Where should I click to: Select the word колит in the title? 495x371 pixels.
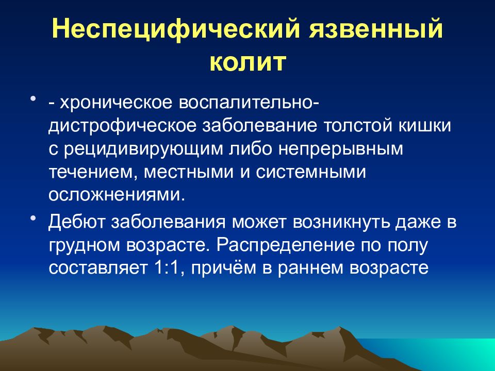pos(248,62)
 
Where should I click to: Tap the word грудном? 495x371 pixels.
pos(84,245)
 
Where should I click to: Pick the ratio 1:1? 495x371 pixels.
pos(170,268)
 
